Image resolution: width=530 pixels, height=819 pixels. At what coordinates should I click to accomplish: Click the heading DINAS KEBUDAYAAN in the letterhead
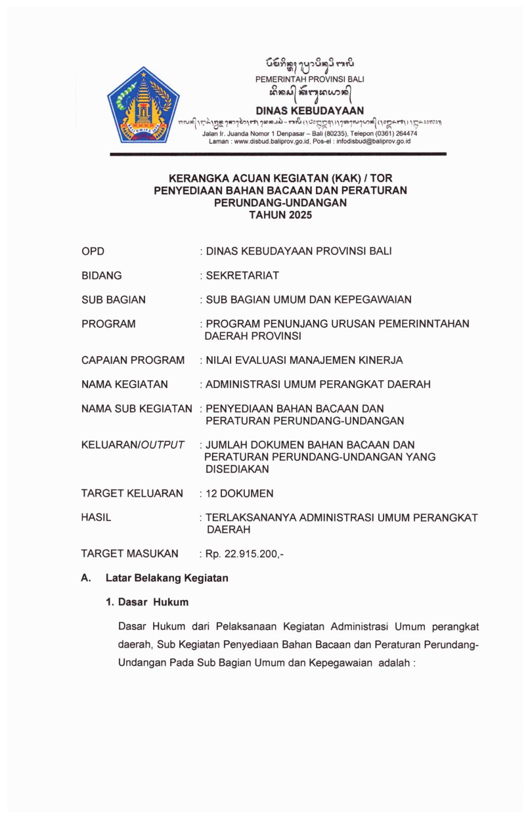click(309, 110)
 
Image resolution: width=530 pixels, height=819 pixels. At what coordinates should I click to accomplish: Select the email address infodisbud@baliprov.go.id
click(372, 141)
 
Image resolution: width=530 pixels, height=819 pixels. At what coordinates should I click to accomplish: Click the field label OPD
click(93, 252)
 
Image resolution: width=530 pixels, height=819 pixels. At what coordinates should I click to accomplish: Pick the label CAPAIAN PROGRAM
click(133, 360)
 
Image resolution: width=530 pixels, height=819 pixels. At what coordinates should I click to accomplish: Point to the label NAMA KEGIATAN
click(124, 384)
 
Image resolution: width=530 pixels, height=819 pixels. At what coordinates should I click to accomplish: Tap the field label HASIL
click(96, 518)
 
